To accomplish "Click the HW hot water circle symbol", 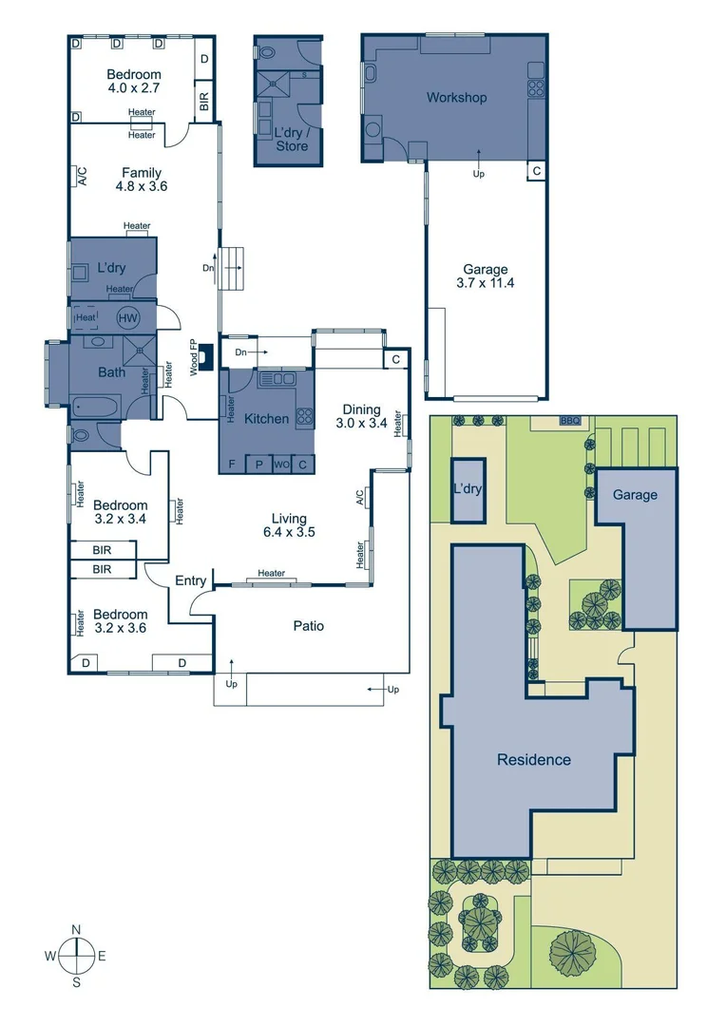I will [x=127, y=318].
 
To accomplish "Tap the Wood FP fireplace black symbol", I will [x=206, y=348].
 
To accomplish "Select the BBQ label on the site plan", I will [x=570, y=420].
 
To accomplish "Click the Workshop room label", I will [x=456, y=98].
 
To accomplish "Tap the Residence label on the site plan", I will [x=534, y=759].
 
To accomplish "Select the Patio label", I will [x=308, y=626].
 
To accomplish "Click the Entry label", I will [x=191, y=581].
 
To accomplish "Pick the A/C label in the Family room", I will [x=82, y=177].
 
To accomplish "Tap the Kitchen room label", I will [x=266, y=418].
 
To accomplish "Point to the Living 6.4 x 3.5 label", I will [x=289, y=525].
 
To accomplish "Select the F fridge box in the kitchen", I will [x=232, y=465].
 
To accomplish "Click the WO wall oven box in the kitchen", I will [x=281, y=465].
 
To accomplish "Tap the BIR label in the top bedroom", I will [x=204, y=98].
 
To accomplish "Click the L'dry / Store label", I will [x=292, y=140].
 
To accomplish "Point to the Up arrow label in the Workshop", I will [x=479, y=175].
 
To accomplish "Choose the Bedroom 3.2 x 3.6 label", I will [x=121, y=621].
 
